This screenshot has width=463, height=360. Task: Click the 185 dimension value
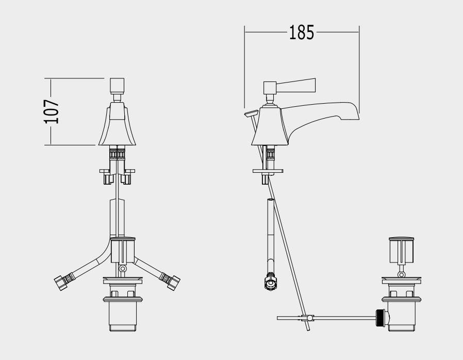[301, 32]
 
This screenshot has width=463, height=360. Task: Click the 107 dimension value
[51, 111]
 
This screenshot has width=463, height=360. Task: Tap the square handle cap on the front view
[117, 86]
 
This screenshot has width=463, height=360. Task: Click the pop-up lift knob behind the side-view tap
[251, 113]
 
